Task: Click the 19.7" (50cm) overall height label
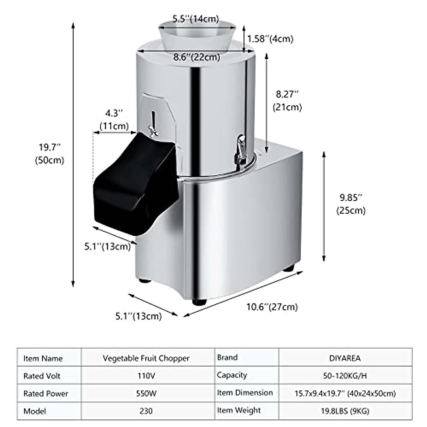click(49, 153)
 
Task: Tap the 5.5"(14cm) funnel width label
click(196, 19)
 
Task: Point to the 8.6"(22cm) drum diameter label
click(196, 57)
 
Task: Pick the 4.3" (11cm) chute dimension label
click(114, 120)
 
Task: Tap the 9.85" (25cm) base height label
click(351, 204)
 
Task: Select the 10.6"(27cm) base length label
click(272, 306)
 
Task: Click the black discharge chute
click(135, 185)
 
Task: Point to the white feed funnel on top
click(197, 36)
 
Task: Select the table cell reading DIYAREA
click(345, 358)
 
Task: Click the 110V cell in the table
click(146, 376)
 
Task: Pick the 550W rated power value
click(146, 394)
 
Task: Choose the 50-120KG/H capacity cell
click(345, 376)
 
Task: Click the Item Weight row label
click(239, 410)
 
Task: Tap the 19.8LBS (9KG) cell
click(345, 411)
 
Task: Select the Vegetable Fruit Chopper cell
click(146, 358)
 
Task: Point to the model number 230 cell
click(146, 411)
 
